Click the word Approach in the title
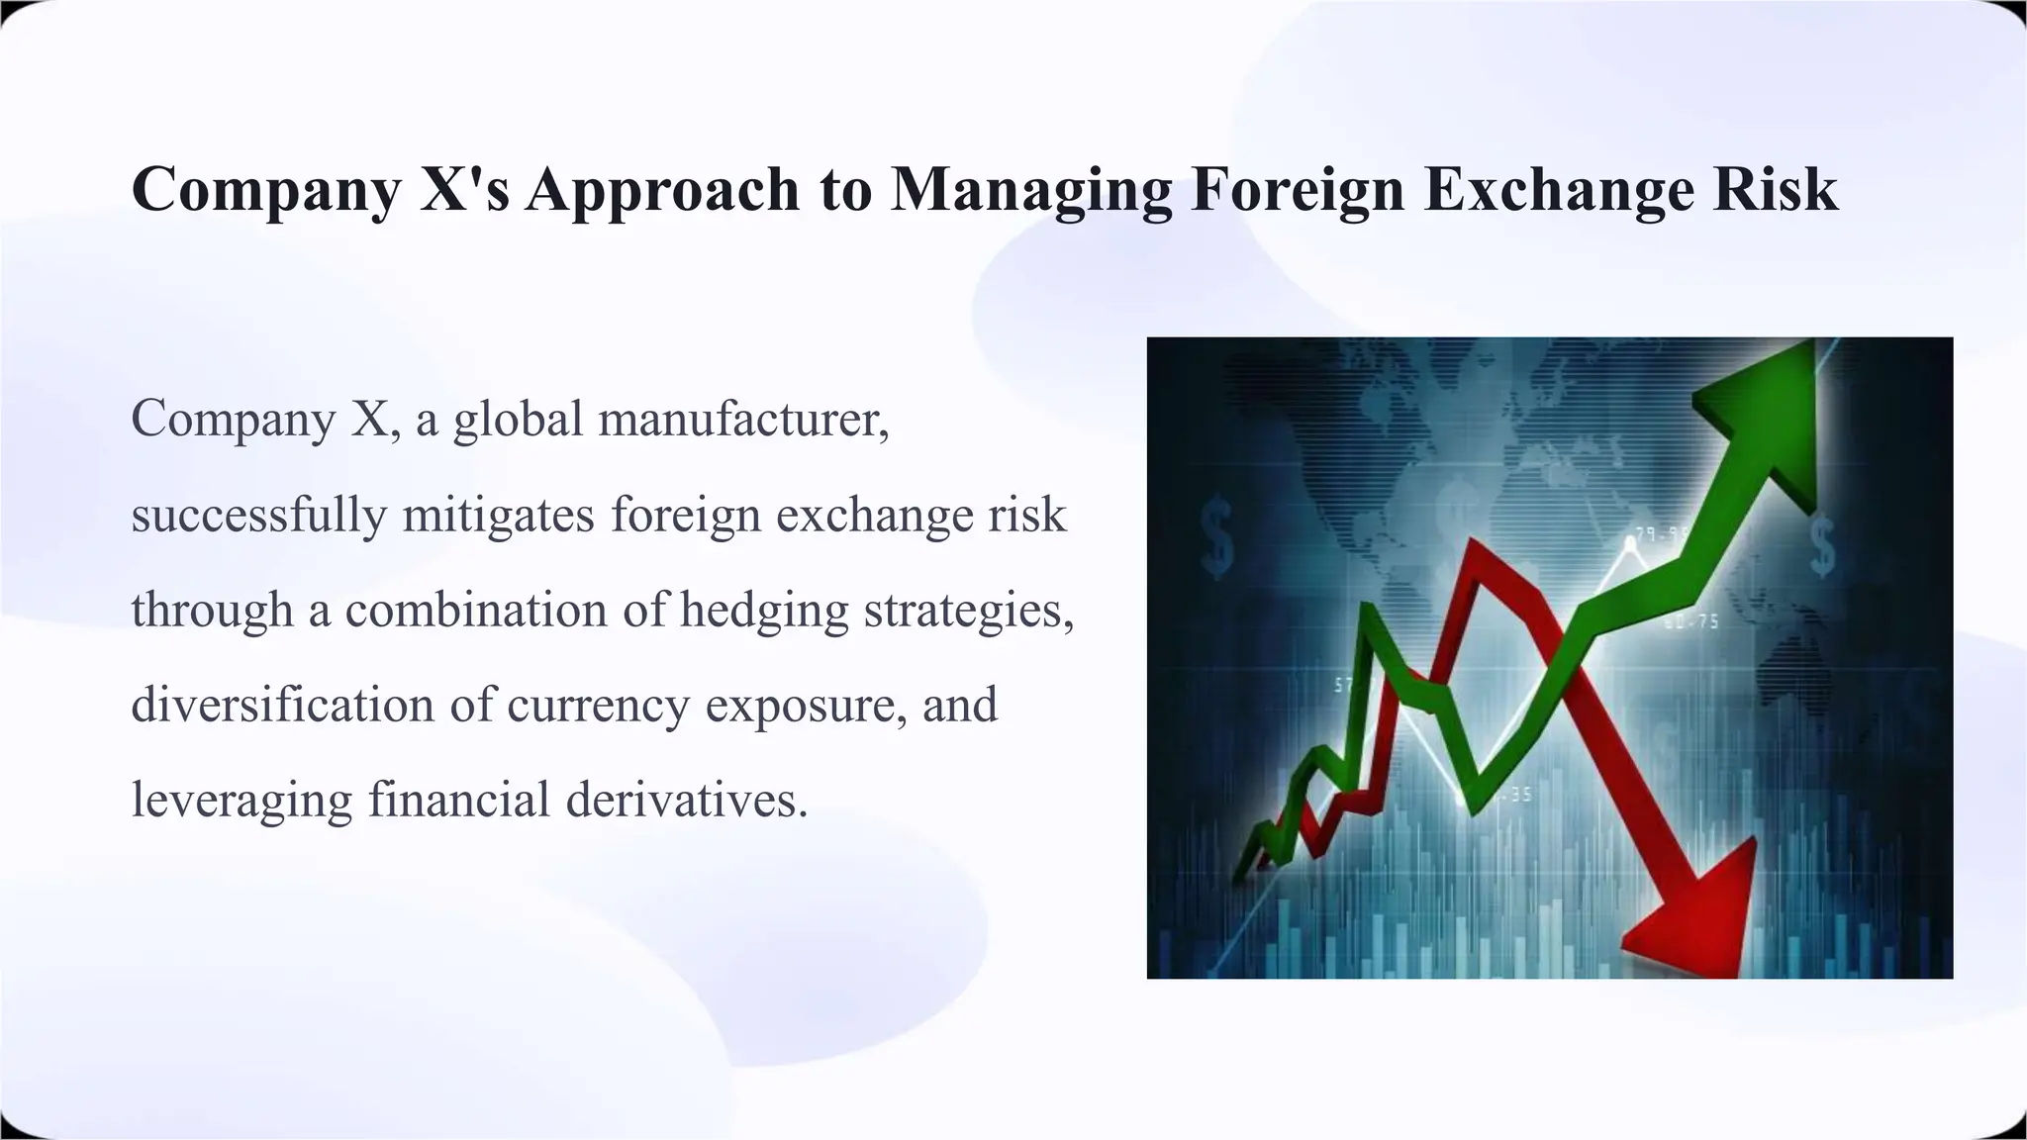pyautogui.click(x=662, y=190)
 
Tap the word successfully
pyautogui.click(x=258, y=516)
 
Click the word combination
pyautogui.click(x=476, y=610)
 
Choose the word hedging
pyautogui.click(x=764, y=611)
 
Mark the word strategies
pyautogui.click(x=969, y=611)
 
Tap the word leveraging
pyautogui.click(x=241, y=801)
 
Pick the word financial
pyautogui.click(x=458, y=799)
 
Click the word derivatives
pyautogui.click(x=687, y=799)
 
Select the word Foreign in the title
pyautogui.click(x=1298, y=190)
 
